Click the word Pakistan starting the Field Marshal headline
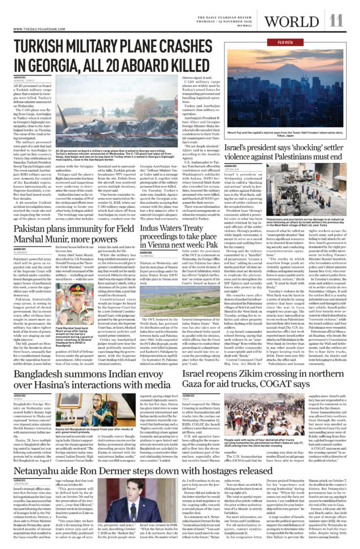29,233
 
